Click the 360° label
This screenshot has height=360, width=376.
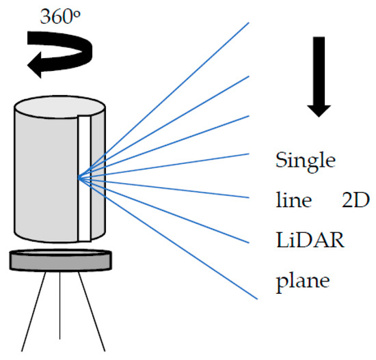click(x=59, y=17)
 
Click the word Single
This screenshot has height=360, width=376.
click(x=305, y=162)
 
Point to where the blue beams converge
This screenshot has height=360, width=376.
click(x=80, y=178)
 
